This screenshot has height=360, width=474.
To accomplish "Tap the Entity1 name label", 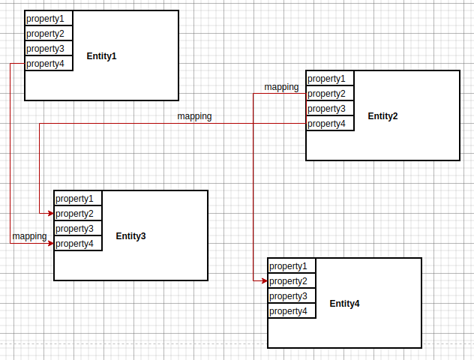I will tap(101, 56).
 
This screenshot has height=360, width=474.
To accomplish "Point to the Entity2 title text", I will tap(382, 116).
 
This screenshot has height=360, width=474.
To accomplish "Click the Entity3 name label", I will tap(130, 236).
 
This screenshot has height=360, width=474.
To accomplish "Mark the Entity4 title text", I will tap(344, 304).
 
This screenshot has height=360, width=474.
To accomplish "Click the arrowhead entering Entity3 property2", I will tap(50, 214).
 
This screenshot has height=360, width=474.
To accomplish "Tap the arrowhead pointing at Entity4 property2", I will tap(264, 281).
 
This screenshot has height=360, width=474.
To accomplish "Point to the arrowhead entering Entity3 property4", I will tap(50, 244).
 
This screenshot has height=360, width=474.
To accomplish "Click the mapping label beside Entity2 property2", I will tap(281, 87).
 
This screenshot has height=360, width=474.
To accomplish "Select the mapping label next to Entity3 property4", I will tap(29, 236).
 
